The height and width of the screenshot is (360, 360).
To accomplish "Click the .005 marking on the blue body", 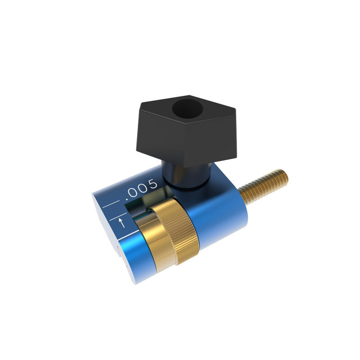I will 142,189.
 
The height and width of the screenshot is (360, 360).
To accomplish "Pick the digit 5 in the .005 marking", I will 153,184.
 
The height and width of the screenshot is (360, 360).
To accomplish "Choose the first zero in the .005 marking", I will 134,192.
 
